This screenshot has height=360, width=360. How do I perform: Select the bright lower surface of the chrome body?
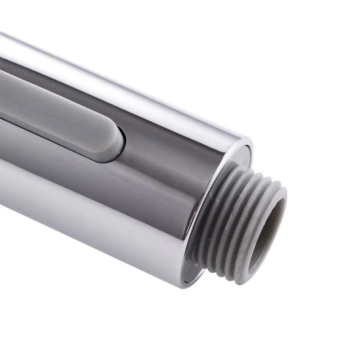coord(90,212)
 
